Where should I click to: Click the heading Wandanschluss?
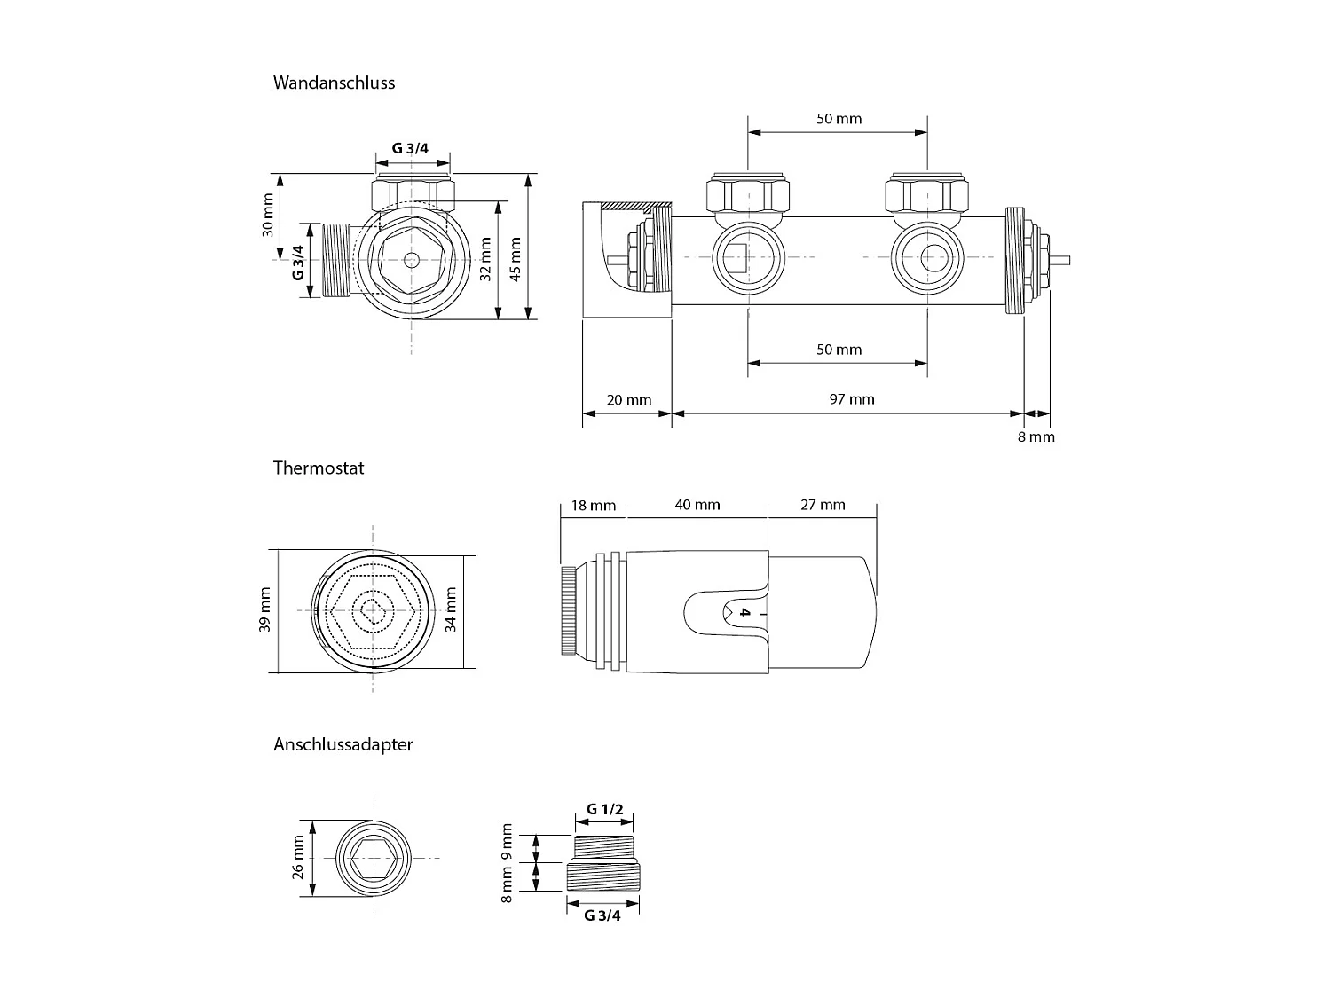(334, 83)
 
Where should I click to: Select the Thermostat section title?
(319, 468)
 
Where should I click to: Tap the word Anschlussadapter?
(343, 744)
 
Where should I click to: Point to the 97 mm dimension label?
(851, 399)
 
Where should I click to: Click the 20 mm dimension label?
(628, 400)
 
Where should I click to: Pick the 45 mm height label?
(516, 258)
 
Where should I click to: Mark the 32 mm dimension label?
(485, 258)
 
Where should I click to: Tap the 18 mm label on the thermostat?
(593, 506)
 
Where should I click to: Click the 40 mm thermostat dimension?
(697, 505)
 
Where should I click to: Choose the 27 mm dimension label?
(823, 505)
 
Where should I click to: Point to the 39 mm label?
(264, 610)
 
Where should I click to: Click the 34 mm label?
(451, 610)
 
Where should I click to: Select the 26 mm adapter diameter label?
(298, 856)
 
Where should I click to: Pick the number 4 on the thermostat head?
(745, 613)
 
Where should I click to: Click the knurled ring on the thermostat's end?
(567, 611)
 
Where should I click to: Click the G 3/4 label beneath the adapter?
(602, 916)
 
